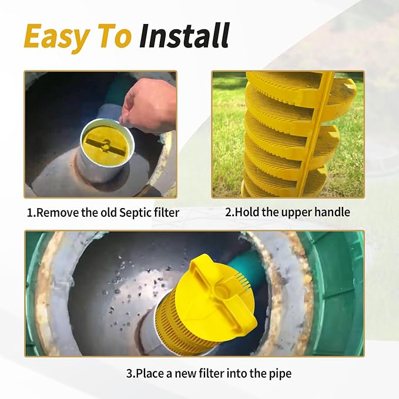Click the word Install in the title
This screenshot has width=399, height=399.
pyautogui.click(x=184, y=36)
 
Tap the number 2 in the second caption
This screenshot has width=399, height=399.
pyautogui.click(x=229, y=212)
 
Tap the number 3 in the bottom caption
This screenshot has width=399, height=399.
pyautogui.click(x=129, y=373)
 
